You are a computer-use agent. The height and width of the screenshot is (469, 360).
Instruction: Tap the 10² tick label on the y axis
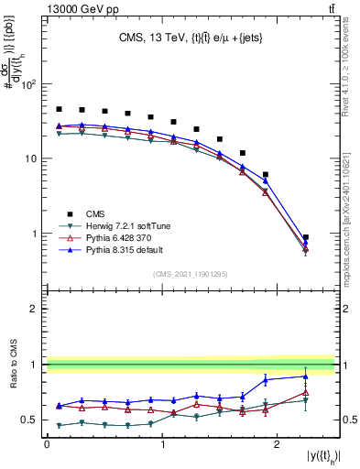pyautogui.click(x=28, y=84)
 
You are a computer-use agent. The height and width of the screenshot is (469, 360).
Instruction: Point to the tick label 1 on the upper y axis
pyautogui.click(x=35, y=234)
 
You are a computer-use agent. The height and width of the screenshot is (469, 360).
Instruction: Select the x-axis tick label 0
pyautogui.click(x=47, y=443)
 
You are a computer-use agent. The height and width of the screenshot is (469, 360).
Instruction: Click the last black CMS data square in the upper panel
pyautogui.click(x=305, y=237)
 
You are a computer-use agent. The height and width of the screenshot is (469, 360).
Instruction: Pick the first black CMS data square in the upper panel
pyautogui.click(x=59, y=109)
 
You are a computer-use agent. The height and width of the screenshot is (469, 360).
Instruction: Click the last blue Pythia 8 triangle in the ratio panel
pyautogui.click(x=305, y=376)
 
